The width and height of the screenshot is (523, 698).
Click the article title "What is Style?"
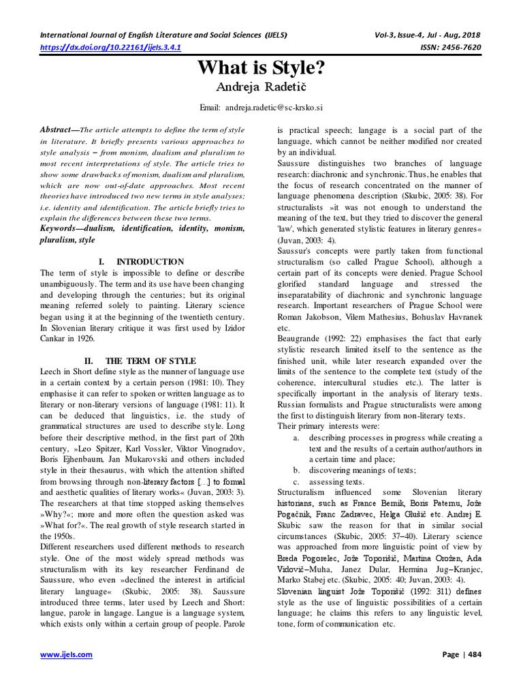point(261,69)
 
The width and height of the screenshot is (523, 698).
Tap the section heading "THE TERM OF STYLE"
point(155,360)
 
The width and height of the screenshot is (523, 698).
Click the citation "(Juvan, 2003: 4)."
point(300,240)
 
